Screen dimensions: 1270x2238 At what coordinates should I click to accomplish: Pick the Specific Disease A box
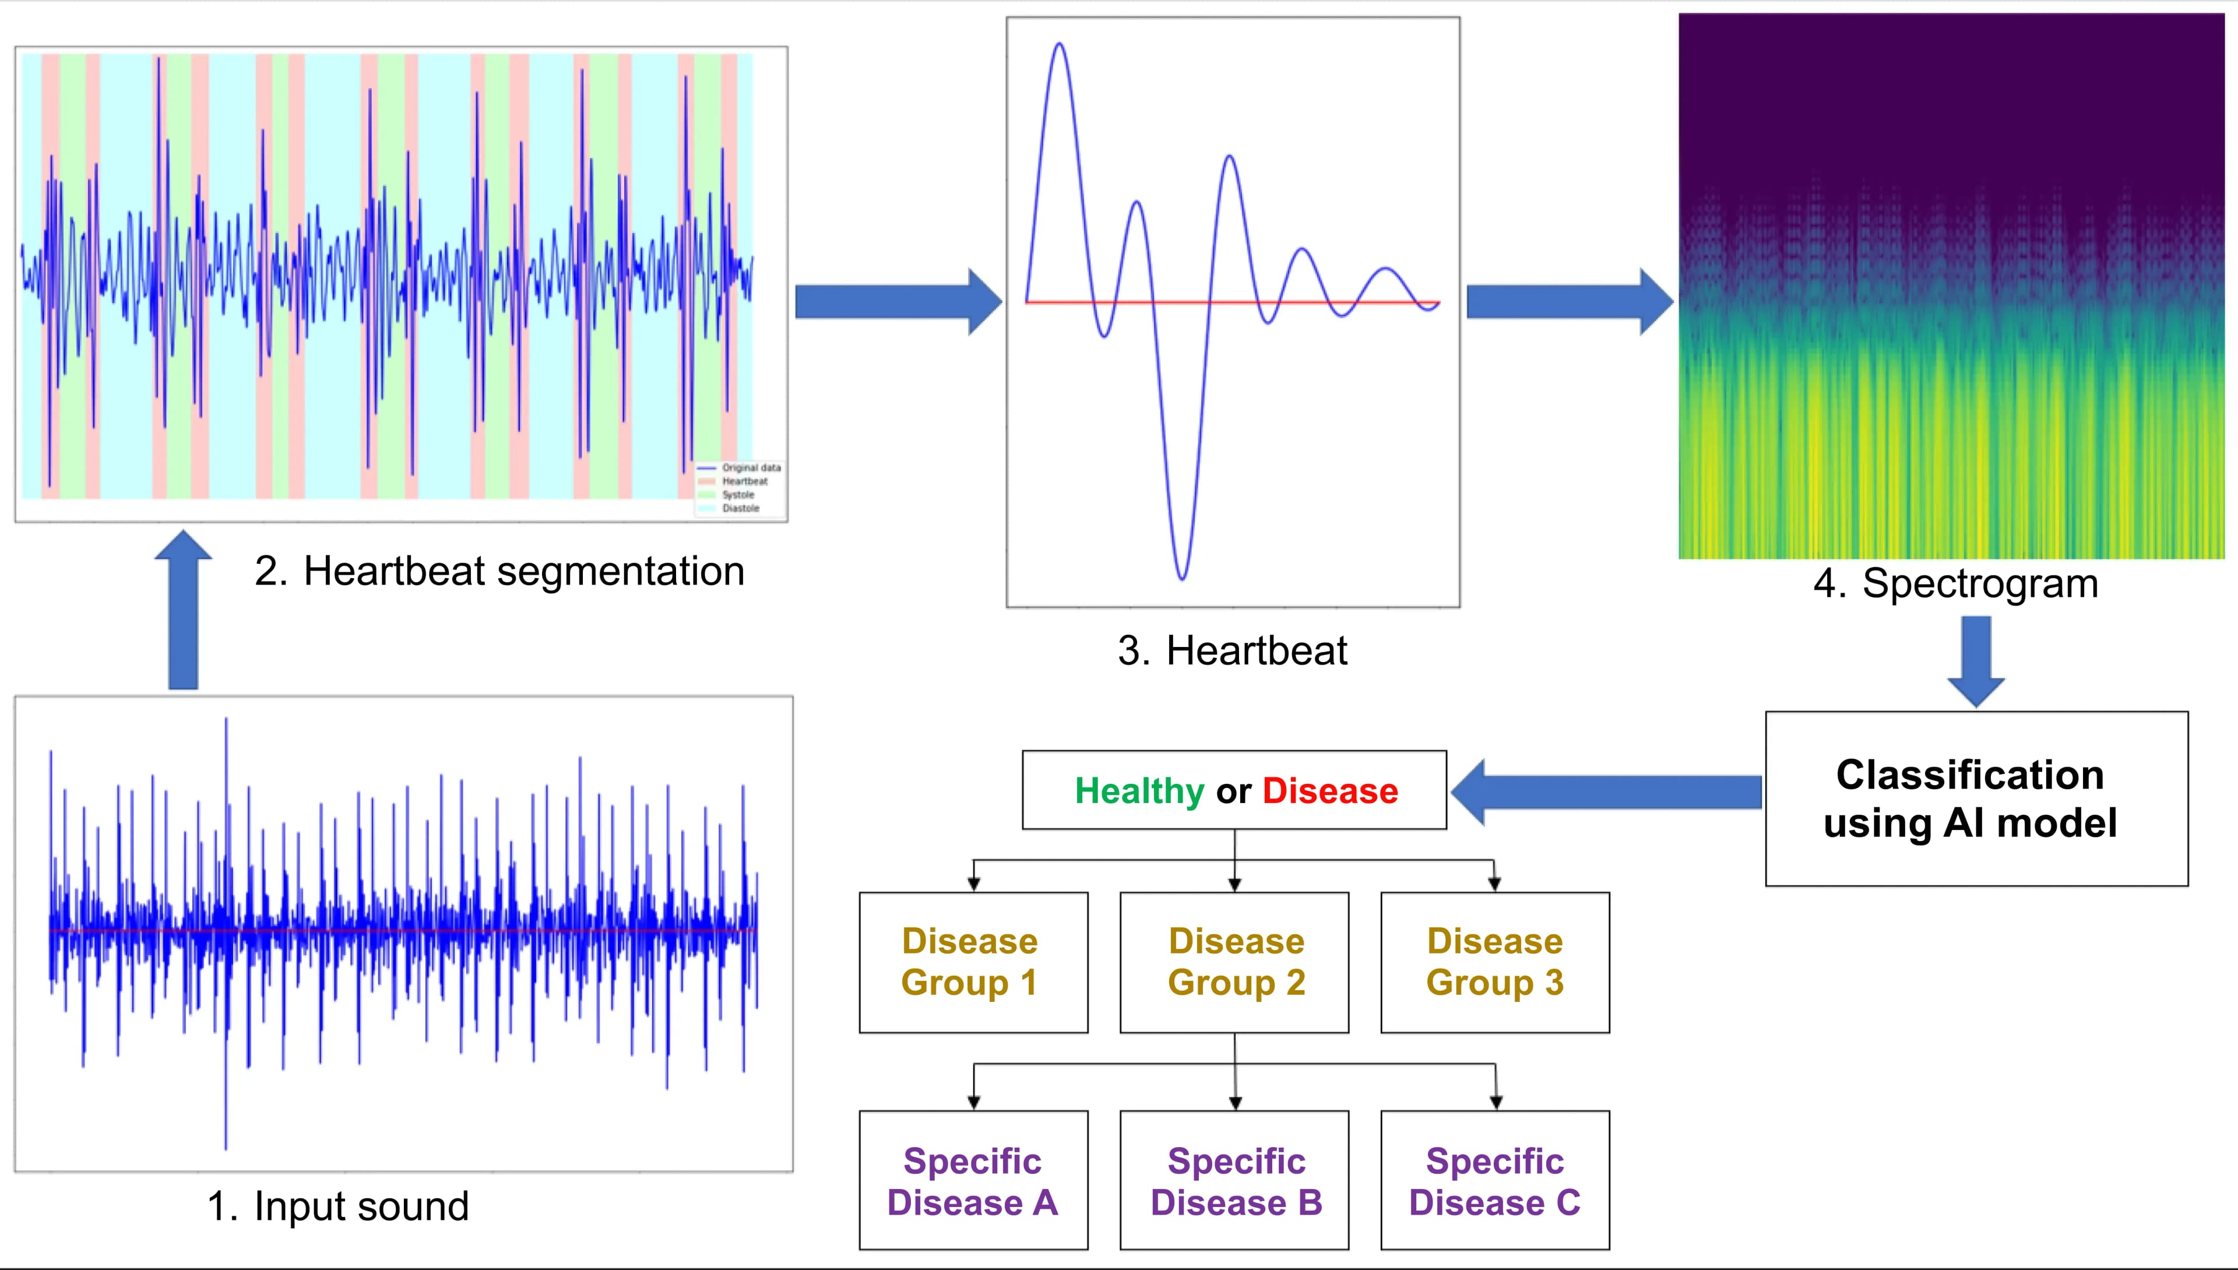click(x=973, y=1180)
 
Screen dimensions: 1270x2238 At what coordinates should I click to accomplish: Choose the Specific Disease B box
click(x=1234, y=1180)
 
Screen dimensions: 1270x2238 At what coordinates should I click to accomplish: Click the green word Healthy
click(x=1138, y=791)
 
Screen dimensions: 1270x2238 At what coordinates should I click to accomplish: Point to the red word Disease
click(x=1329, y=791)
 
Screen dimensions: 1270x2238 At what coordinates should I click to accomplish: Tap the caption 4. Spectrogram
click(x=1955, y=583)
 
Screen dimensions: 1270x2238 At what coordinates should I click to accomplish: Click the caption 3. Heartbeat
click(x=1233, y=650)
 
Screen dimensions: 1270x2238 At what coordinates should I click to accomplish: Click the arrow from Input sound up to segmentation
click(x=183, y=611)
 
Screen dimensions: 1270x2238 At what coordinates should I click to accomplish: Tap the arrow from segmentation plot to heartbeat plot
click(x=898, y=302)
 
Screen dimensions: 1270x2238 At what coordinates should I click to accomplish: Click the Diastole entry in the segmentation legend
click(x=740, y=508)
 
